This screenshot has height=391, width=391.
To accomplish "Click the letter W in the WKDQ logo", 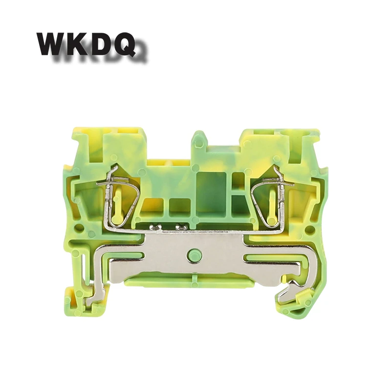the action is [x=52, y=44].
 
